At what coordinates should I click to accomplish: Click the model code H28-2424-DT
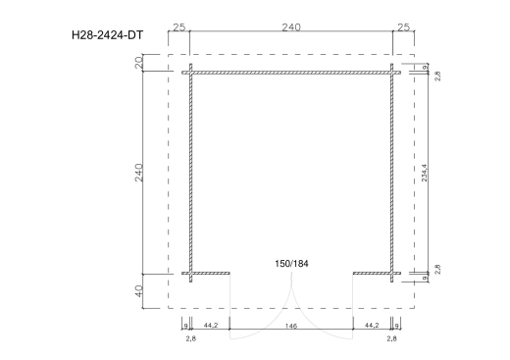107,35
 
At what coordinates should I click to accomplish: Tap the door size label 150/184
291,264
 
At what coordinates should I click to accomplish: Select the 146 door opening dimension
291,326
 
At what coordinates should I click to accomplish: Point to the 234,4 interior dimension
424,173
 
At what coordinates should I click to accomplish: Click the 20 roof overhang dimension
138,63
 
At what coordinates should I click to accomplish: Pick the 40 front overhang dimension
138,291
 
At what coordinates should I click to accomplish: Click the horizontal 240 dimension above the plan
291,27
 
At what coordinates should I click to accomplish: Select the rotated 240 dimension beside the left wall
138,173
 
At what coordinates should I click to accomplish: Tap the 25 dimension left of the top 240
178,27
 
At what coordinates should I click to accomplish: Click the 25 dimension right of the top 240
403,27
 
